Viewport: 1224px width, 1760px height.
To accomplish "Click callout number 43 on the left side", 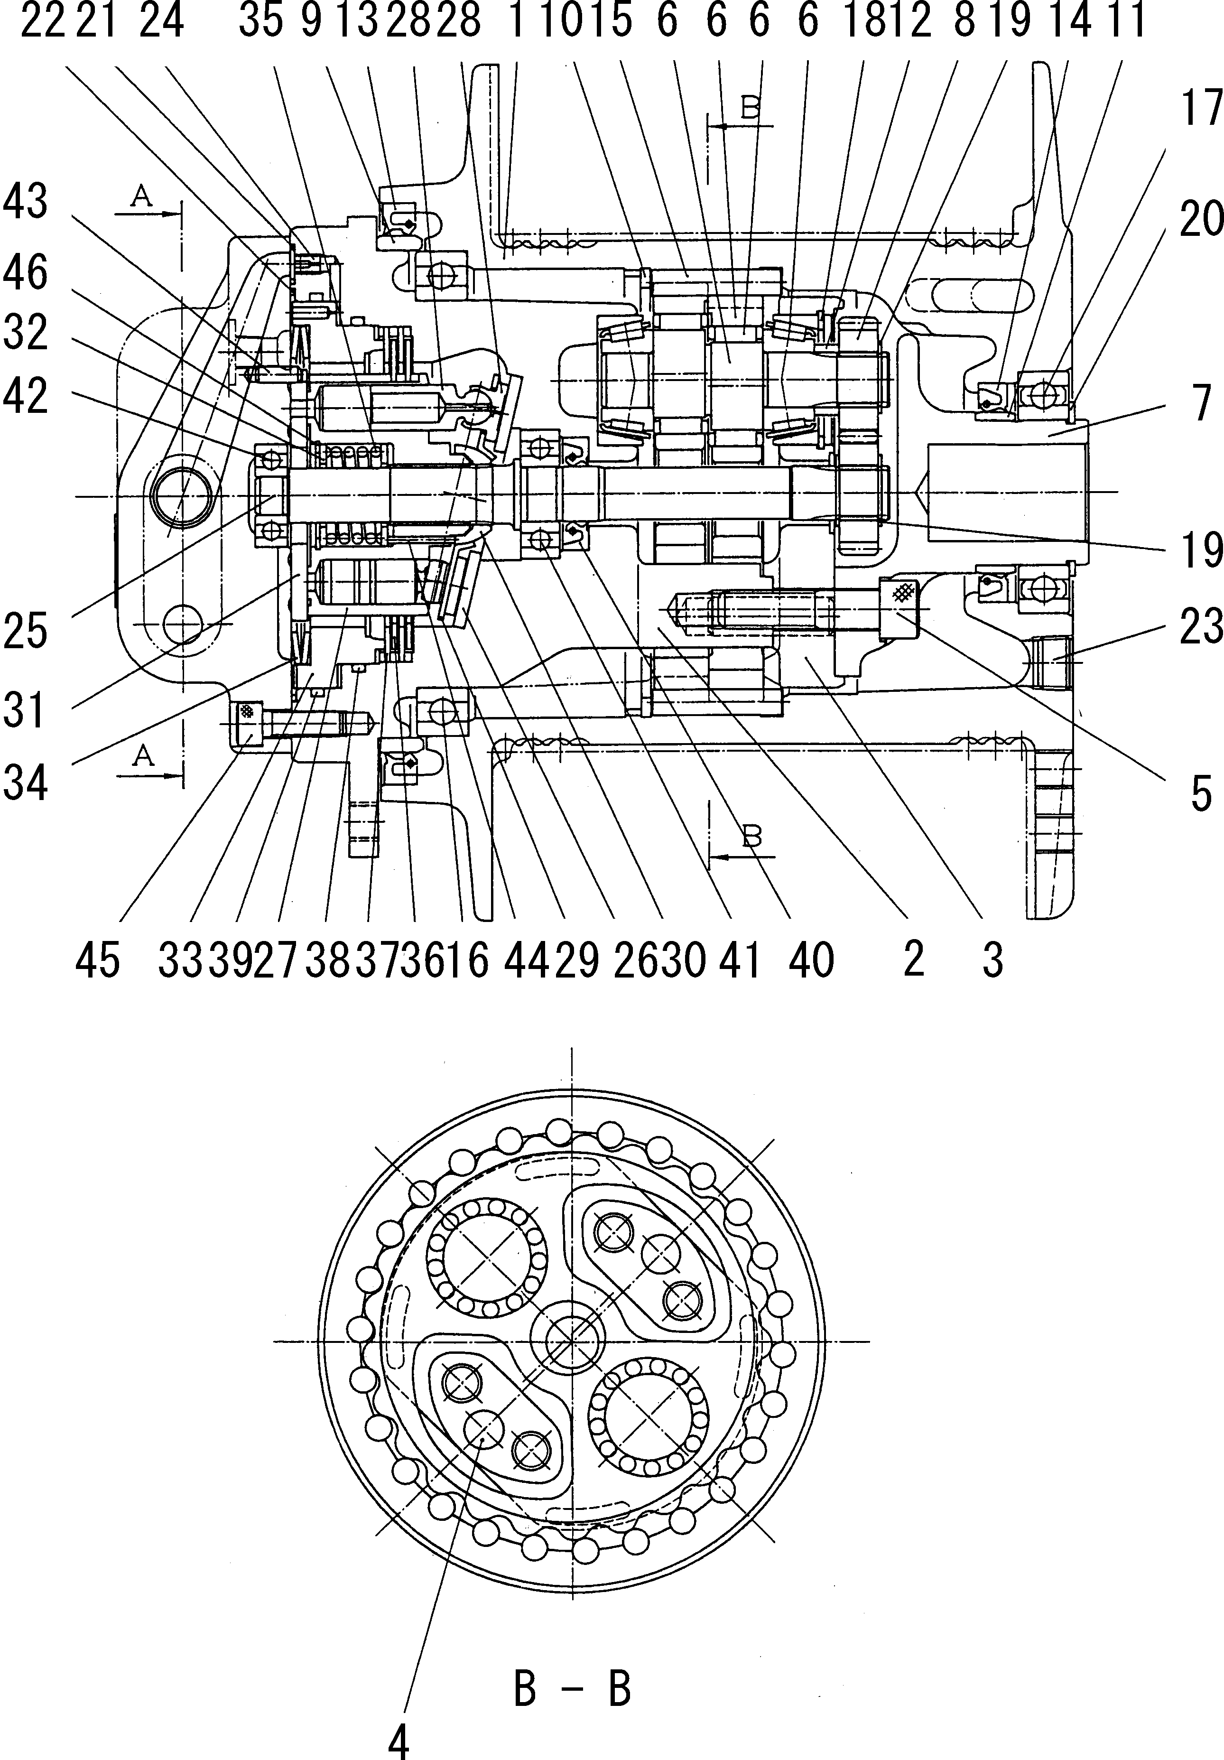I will (25, 202).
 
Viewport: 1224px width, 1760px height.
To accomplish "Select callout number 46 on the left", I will (25, 274).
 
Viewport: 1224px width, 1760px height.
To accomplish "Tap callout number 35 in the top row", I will (260, 21).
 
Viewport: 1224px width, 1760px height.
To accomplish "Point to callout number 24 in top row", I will (162, 21).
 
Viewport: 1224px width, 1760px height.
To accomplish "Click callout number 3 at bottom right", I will (992, 959).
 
